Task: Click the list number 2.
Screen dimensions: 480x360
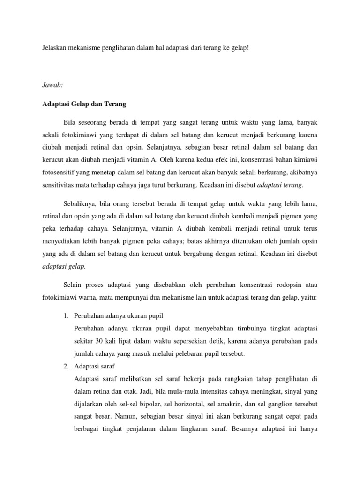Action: [x=66, y=366]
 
